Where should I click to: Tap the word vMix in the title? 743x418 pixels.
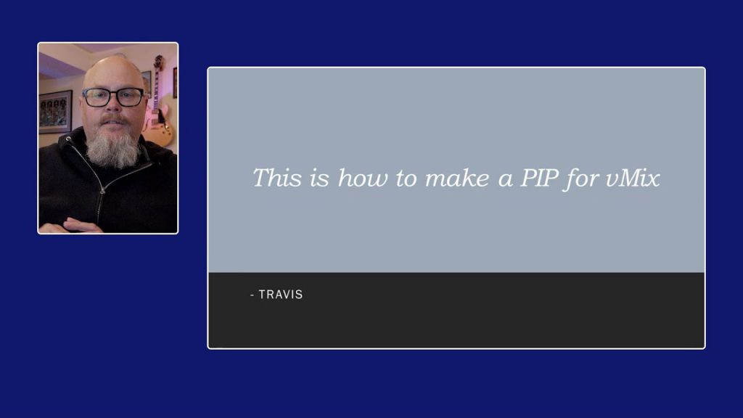633,178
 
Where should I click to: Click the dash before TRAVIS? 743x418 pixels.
252,295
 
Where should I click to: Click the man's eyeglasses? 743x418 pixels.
113,97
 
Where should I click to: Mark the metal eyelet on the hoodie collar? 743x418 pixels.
70,138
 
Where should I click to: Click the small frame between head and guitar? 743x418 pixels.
147,81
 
